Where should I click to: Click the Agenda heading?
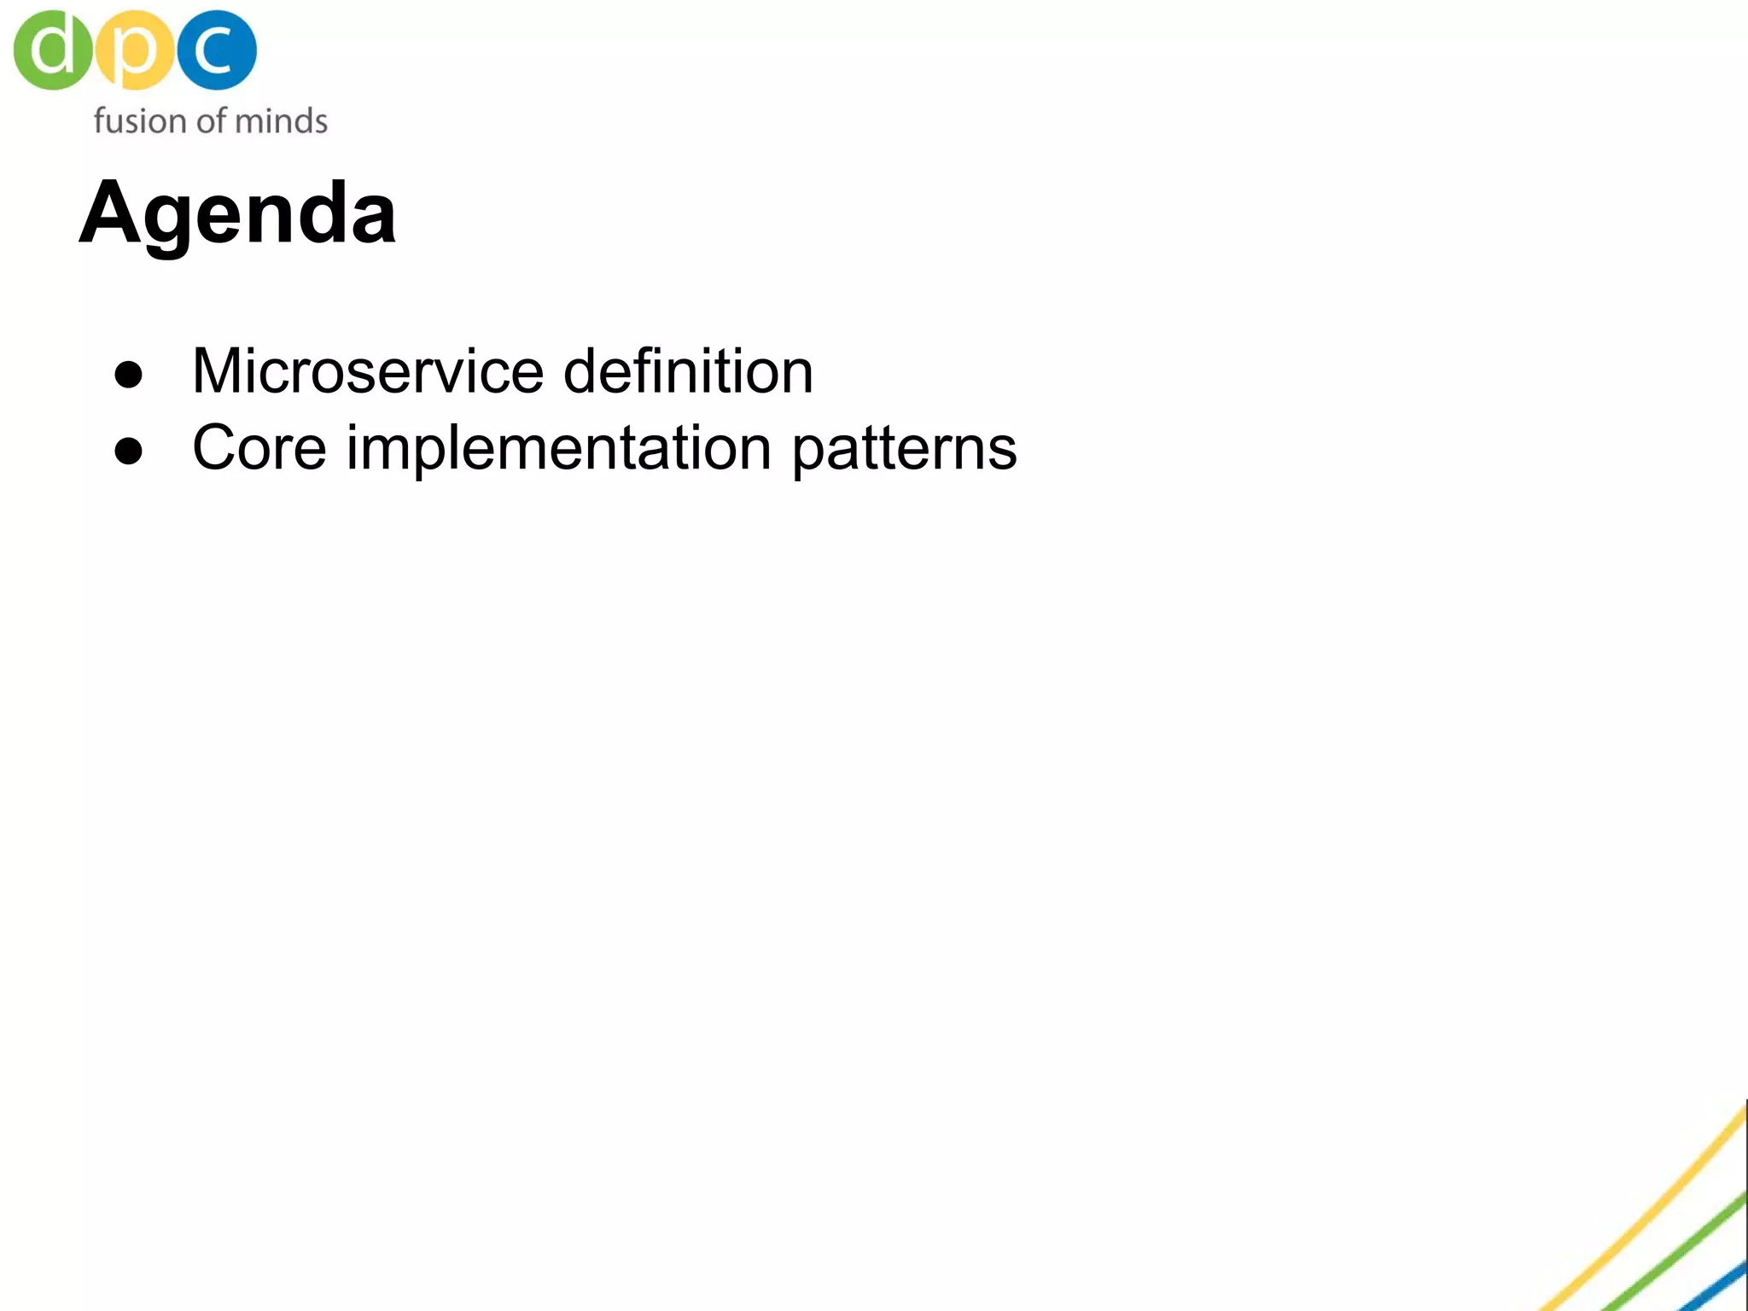[237, 213]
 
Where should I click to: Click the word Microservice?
[368, 372]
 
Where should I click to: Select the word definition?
[688, 372]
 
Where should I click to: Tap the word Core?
[259, 448]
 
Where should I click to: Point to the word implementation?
[558, 448]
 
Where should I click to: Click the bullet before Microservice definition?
[129, 375]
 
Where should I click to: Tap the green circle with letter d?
[51, 50]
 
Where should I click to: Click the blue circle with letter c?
[217, 50]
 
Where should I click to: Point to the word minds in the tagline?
[281, 121]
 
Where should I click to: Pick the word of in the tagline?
[211, 121]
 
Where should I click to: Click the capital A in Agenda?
[111, 213]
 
